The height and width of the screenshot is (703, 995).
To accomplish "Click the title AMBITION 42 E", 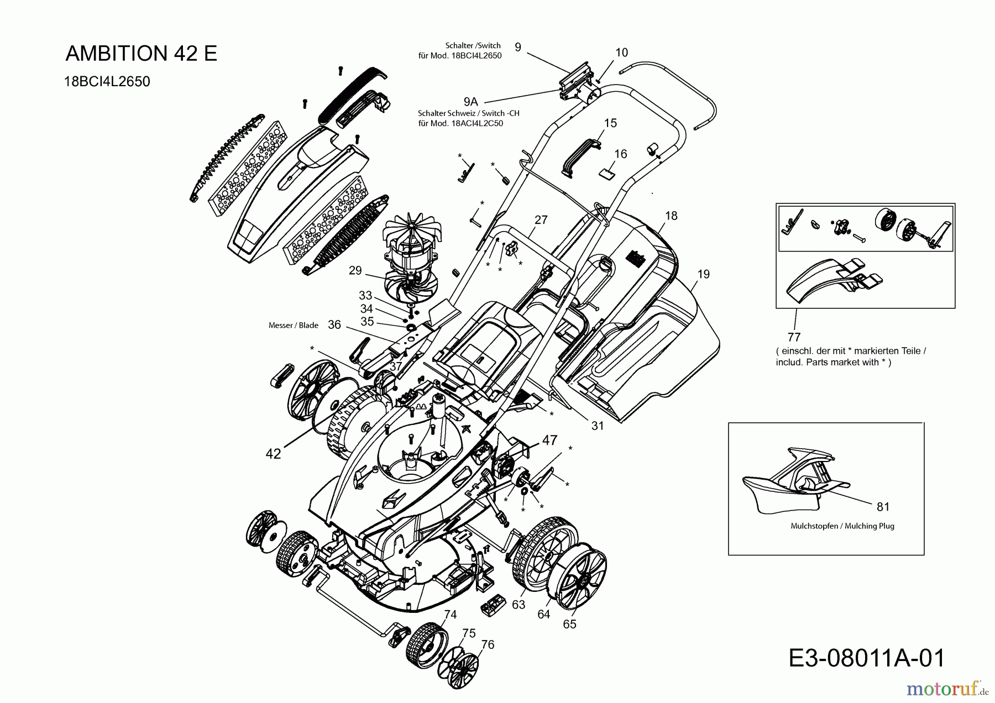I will (142, 53).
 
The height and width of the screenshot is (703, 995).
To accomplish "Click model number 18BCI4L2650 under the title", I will (107, 81).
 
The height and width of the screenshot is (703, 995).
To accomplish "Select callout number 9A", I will (470, 102).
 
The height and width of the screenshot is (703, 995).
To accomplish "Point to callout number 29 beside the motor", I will (355, 270).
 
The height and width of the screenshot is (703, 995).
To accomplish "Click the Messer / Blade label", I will (293, 326).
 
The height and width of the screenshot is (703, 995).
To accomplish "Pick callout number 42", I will (273, 454).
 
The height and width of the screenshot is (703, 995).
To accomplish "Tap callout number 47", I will (549, 440).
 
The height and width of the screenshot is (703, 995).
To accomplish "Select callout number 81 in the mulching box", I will (883, 506).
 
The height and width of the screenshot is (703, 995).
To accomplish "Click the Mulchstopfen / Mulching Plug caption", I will (842, 526).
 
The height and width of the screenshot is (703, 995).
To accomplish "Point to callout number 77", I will (794, 337).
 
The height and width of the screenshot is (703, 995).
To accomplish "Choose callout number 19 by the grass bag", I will (703, 274).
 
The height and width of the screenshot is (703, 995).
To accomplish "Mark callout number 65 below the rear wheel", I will (569, 624).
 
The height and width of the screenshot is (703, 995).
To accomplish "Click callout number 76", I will (488, 644).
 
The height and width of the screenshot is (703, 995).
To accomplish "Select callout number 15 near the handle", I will (610, 123).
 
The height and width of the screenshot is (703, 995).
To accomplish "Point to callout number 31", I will (598, 426).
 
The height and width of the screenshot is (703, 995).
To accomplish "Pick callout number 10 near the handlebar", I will (621, 53).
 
